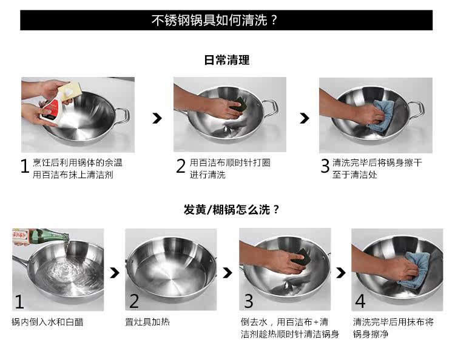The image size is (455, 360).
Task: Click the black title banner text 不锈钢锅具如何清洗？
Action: (x=214, y=20)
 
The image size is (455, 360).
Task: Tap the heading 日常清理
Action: (x=227, y=60)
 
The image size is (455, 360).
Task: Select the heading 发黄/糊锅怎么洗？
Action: (x=231, y=209)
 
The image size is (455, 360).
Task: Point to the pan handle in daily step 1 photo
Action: (x=123, y=115)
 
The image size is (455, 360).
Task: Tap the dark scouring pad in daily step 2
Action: (x=239, y=104)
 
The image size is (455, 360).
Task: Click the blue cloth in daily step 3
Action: (x=382, y=116)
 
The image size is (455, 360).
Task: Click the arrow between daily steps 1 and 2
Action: (x=157, y=118)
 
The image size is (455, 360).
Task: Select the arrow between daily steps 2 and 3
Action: (x=305, y=118)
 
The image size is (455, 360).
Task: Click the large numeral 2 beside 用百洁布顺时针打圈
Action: (x=181, y=166)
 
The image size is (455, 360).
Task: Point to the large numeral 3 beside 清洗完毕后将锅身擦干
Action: (x=325, y=166)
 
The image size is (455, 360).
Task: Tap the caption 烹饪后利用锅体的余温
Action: (x=78, y=162)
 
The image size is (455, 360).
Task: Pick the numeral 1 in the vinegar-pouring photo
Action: (x=19, y=301)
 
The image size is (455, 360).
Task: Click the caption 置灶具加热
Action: (x=147, y=322)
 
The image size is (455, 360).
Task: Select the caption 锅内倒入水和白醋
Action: (x=47, y=322)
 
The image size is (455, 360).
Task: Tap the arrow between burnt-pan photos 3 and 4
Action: (x=341, y=272)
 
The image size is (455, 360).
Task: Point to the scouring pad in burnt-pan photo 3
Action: (x=301, y=256)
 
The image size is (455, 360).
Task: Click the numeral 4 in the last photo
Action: (x=360, y=301)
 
